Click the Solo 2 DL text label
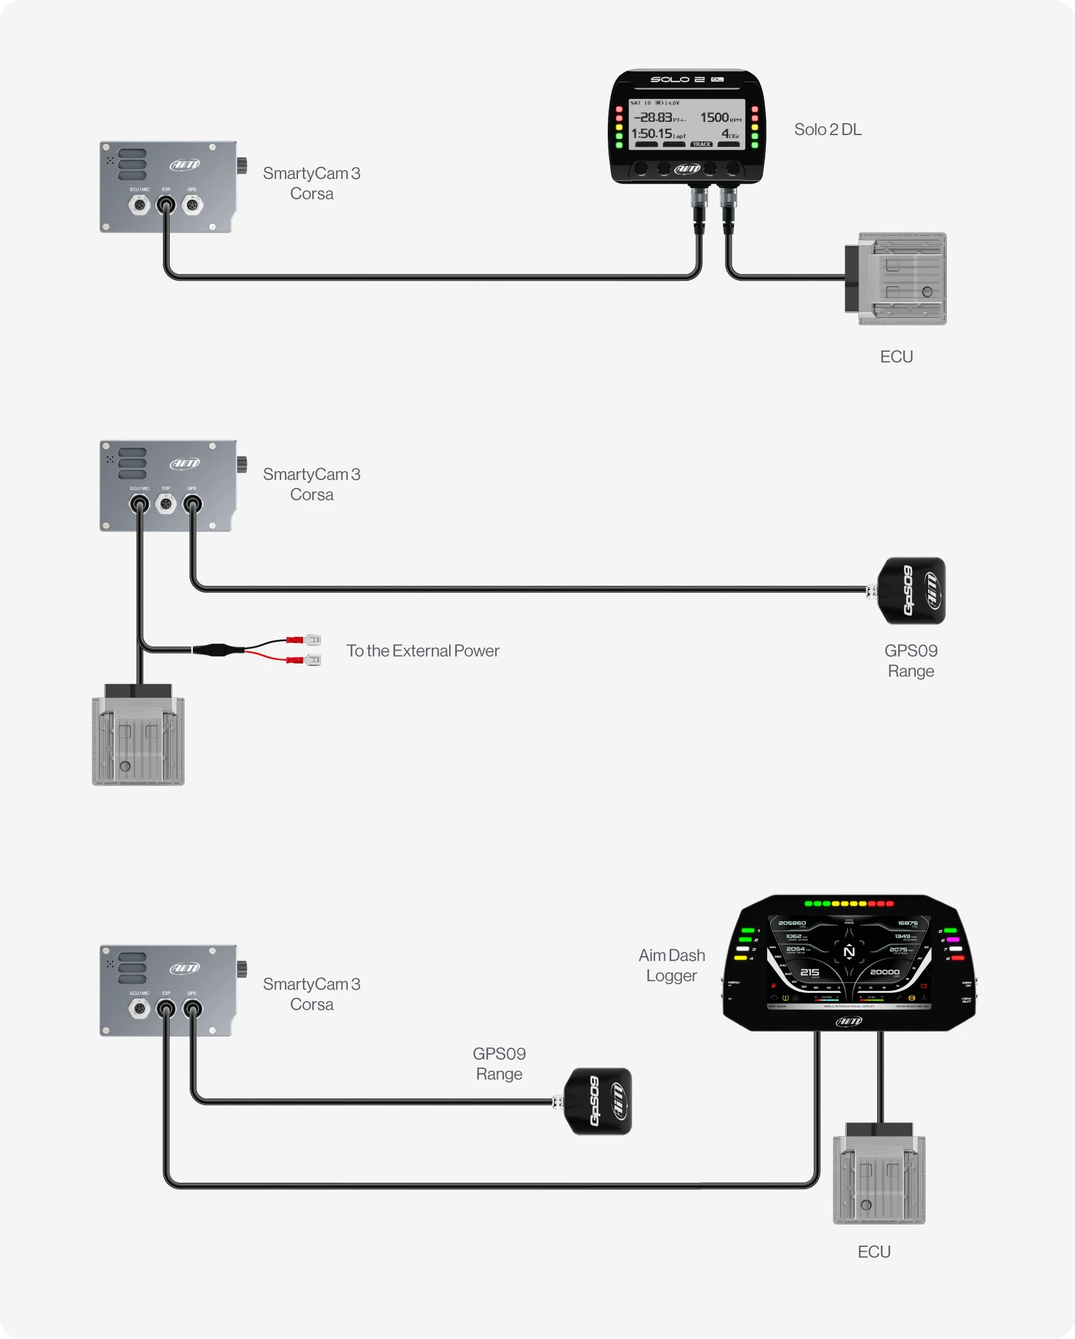(x=827, y=129)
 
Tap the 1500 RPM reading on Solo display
(x=715, y=118)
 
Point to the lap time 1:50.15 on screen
(x=652, y=134)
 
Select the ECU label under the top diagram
(x=896, y=357)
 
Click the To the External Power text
(x=422, y=651)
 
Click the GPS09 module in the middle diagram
(x=911, y=591)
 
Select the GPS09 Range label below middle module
(x=911, y=660)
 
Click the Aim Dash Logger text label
(x=672, y=965)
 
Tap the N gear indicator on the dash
(x=849, y=952)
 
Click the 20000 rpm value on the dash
(x=884, y=972)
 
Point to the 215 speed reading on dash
(x=809, y=972)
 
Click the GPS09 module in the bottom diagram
(x=598, y=1101)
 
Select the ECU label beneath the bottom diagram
(x=874, y=1252)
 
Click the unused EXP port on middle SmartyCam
(x=166, y=504)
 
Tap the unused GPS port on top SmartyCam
(x=192, y=205)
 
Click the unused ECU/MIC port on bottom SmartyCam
(x=139, y=1008)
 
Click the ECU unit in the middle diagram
(x=138, y=738)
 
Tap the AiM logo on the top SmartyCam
(x=185, y=164)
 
